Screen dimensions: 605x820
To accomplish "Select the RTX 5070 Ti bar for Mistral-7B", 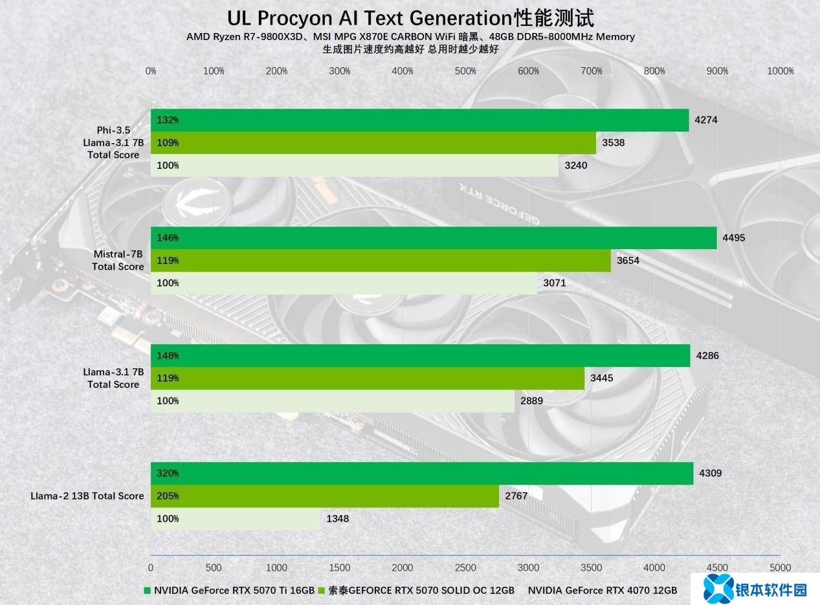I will pyautogui.click(x=434, y=237).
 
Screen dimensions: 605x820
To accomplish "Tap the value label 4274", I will pyautogui.click(x=705, y=120).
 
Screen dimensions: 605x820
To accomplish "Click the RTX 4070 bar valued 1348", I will pyautogui.click(x=236, y=519).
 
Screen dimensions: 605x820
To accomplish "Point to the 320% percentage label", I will pyautogui.click(x=168, y=473).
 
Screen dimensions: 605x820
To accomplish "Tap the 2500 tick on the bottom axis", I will pyautogui.click(x=465, y=567).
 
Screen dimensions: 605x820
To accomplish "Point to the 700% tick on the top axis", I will pyautogui.click(x=592, y=71).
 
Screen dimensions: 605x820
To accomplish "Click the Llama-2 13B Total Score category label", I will pyautogui.click(x=87, y=496).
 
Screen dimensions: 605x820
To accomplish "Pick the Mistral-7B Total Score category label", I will pyautogui.click(x=118, y=260).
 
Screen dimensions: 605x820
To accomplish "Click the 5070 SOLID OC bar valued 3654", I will pyautogui.click(x=381, y=260).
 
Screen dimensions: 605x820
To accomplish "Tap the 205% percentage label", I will pyautogui.click(x=168, y=496).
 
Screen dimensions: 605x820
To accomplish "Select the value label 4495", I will pyautogui.click(x=734, y=237).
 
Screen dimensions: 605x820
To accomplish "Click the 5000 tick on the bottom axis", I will pyautogui.click(x=780, y=567).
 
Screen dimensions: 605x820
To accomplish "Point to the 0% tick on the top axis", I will pyautogui.click(x=151, y=71).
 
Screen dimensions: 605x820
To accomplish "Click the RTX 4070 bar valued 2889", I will pyautogui.click(x=333, y=401).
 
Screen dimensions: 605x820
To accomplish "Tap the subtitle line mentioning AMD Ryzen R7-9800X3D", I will pyautogui.click(x=410, y=37).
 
